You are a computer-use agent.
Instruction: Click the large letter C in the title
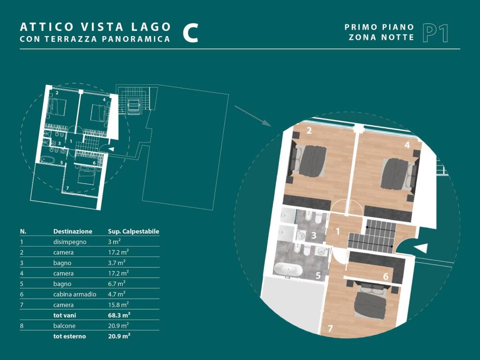coord(190,33)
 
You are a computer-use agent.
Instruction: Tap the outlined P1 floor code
coord(435,33)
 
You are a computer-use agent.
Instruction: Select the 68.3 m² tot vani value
coord(119,315)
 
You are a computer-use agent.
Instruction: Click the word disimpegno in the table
coord(70,242)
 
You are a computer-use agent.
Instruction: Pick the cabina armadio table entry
coord(75,294)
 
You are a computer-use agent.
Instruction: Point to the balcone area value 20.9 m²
coord(118,325)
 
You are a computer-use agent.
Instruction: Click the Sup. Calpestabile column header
coord(134,232)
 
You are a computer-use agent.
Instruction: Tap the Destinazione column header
coord(73,232)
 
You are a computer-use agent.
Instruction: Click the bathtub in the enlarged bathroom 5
coord(288,270)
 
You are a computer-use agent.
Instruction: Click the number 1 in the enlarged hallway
coord(337,231)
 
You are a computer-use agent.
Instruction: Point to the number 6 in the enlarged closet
coord(386,277)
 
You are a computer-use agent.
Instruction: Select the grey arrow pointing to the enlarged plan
coord(253,116)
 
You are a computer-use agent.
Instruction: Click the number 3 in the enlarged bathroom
coord(314,235)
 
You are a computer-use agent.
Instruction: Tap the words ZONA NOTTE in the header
coord(382,37)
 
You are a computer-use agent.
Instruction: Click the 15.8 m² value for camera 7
coord(118,305)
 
